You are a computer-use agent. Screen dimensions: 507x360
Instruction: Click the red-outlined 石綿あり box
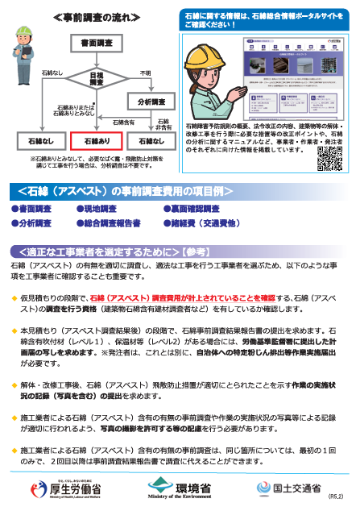pos(94,141)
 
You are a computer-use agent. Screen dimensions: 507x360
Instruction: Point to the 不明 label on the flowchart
pos(145,73)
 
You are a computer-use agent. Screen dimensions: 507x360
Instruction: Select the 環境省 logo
pos(178,487)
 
